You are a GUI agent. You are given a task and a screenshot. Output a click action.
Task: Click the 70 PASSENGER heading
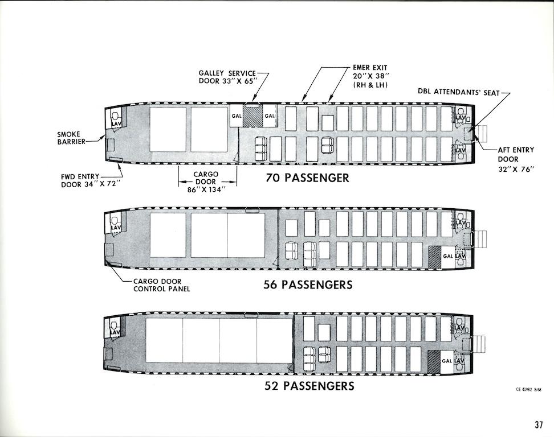coord(307,178)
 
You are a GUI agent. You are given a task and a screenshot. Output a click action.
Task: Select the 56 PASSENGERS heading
coord(308,284)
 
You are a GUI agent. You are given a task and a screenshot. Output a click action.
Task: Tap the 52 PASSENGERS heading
coord(309,386)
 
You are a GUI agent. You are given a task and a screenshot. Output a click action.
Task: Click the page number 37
coord(539,424)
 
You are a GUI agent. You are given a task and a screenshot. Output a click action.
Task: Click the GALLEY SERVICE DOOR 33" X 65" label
coord(227,77)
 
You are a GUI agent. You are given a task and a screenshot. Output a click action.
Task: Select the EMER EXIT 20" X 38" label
coord(370,76)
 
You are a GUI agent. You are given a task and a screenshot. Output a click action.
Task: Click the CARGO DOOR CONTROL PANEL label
coord(161,285)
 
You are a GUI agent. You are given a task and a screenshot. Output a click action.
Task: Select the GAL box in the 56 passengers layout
coord(448,256)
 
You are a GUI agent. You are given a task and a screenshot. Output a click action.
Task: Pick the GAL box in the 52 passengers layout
coord(447,360)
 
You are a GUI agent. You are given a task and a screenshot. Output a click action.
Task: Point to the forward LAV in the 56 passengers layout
coord(115,224)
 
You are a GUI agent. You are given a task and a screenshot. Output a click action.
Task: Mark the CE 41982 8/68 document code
coord(528,389)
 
